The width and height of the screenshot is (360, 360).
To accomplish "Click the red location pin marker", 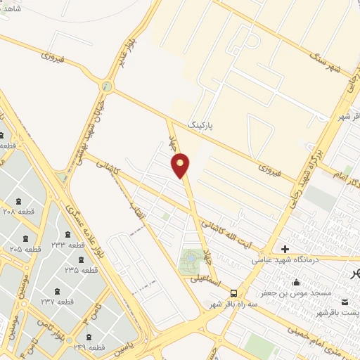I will point(181,165).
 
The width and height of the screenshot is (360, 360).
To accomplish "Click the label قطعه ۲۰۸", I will point(19,210).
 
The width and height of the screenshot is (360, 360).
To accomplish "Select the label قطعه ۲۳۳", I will point(67,245).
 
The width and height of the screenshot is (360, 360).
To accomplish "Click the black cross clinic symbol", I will point(285,249).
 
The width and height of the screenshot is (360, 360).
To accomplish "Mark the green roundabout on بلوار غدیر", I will point(107,86).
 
